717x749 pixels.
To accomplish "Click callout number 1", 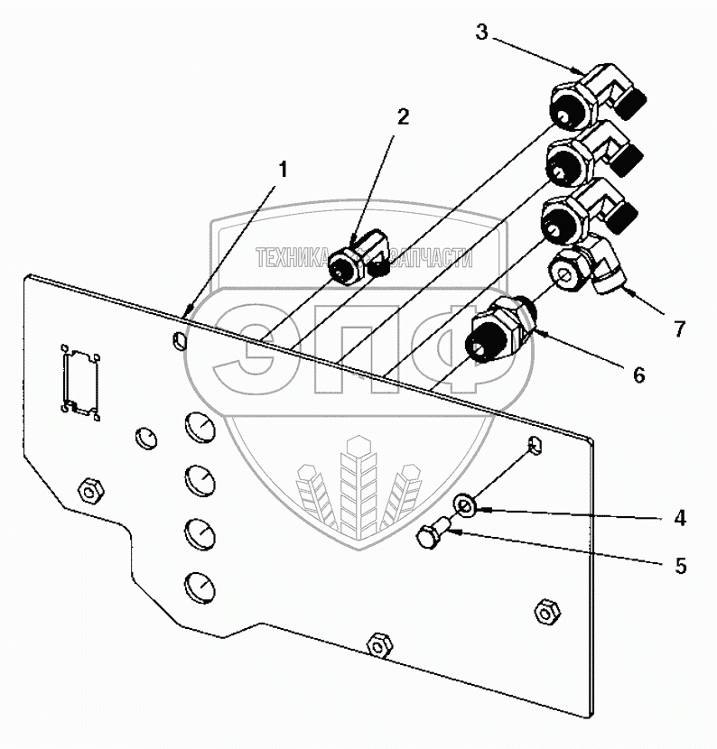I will click(284, 169).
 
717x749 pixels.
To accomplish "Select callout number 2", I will click(403, 116).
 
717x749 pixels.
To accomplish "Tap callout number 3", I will click(482, 33).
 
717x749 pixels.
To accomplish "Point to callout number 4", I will click(679, 518).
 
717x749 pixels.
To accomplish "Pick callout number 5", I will click(679, 567).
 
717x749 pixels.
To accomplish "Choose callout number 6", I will click(638, 374).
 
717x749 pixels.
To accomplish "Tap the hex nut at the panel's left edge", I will click(88, 492).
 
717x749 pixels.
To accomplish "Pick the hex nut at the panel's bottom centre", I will click(378, 644).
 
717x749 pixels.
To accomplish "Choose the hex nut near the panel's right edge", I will click(545, 611).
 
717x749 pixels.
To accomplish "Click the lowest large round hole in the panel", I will click(200, 587).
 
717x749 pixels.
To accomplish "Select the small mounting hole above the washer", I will click(535, 444).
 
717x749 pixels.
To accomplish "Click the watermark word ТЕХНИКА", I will click(293, 259).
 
